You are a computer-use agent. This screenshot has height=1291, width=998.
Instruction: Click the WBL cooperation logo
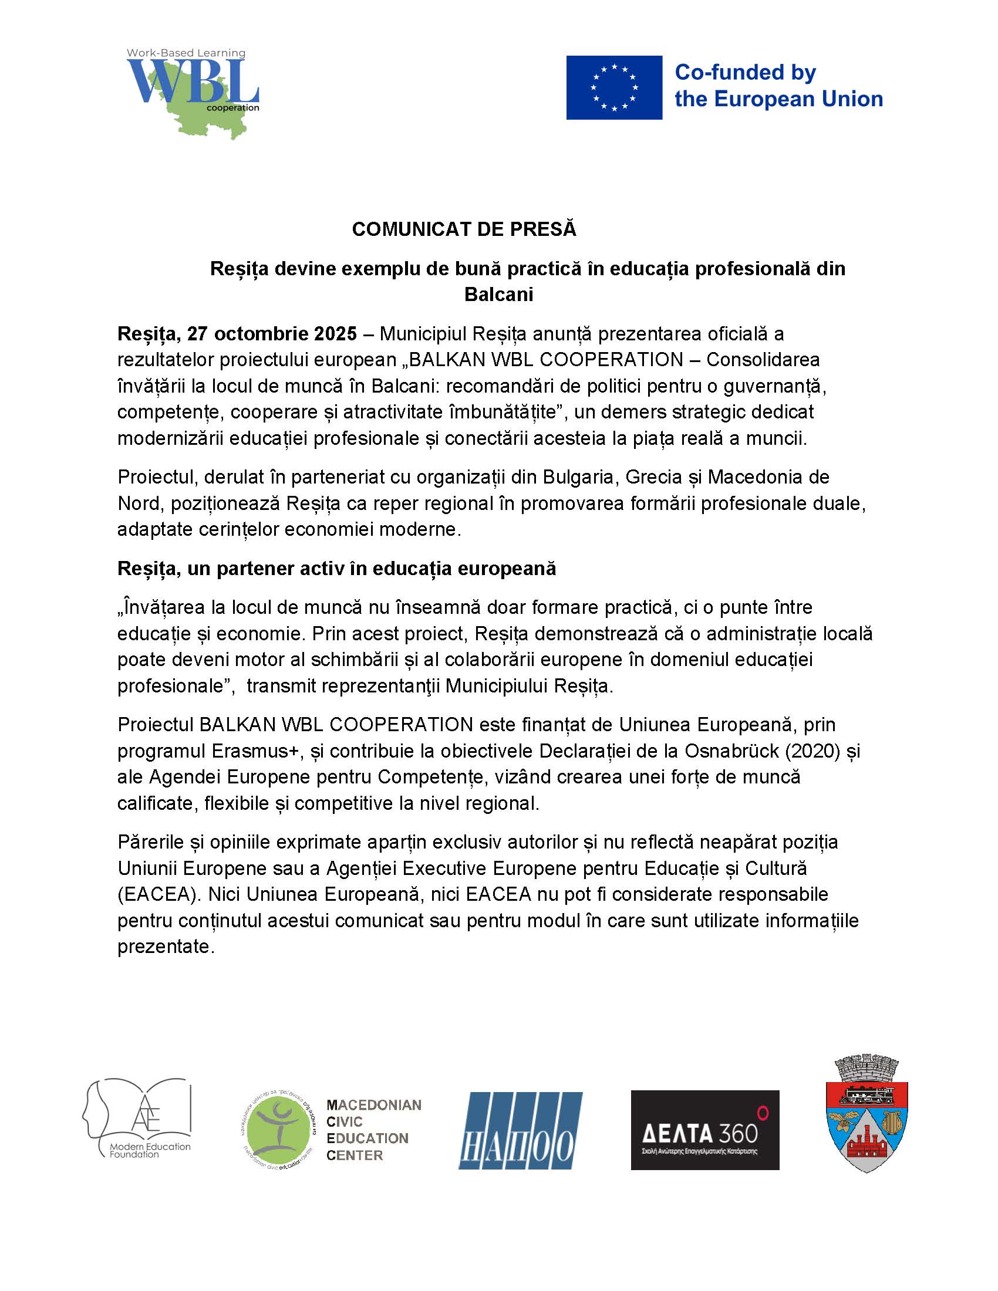193,92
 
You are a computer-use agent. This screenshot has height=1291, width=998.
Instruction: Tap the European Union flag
613,87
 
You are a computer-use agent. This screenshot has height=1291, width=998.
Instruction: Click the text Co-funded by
745,73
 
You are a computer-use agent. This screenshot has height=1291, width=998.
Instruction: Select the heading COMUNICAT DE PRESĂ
464,229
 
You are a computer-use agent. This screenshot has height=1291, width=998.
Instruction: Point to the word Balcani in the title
498,295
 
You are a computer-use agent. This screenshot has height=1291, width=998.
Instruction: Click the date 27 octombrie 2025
272,334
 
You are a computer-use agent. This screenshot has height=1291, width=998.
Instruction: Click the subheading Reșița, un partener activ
336,569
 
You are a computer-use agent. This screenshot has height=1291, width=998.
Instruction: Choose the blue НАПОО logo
520,1131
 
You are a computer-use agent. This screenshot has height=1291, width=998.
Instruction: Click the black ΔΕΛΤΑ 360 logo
704,1130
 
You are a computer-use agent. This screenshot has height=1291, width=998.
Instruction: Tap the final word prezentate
164,947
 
